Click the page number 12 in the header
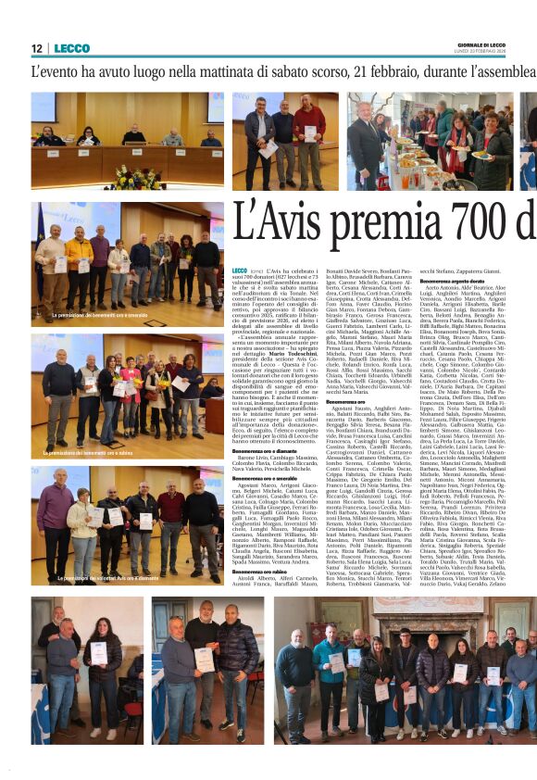pyautogui.click(x=37, y=48)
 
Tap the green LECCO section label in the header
pyautogui.click(x=72, y=48)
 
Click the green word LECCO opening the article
pyautogui.click(x=240, y=270)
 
